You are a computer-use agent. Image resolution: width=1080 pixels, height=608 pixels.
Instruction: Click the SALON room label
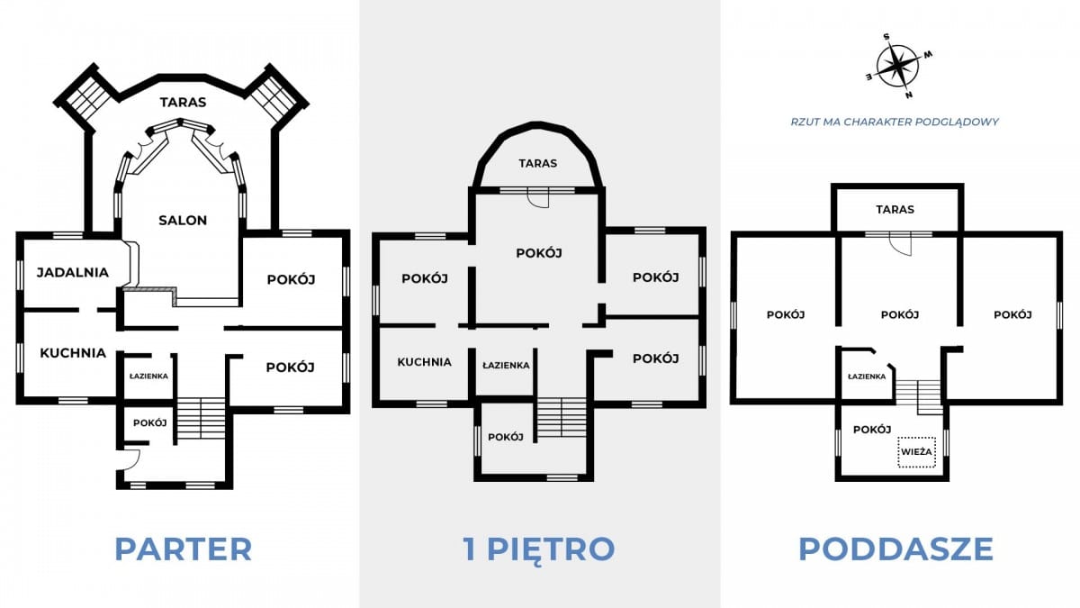coord(183,221)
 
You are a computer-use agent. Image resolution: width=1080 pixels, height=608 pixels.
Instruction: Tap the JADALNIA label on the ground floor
coord(73,273)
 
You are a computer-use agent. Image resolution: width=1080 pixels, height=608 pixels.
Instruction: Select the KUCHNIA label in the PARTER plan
coord(73,353)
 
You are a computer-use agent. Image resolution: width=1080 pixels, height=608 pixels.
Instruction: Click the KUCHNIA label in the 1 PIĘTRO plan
coord(424,362)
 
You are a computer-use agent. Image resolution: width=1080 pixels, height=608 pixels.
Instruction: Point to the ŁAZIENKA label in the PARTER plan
coord(148,377)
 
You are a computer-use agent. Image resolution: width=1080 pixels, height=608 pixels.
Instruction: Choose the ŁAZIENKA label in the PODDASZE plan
coord(867,377)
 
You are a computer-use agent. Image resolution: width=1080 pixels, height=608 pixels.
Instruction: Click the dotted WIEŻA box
coord(916,452)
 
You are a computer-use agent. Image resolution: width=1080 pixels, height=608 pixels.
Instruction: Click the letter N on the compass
coord(909,95)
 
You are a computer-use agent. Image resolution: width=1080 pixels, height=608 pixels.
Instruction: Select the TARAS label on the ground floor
coord(184,103)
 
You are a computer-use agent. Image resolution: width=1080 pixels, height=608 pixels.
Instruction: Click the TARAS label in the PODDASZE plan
coord(895,209)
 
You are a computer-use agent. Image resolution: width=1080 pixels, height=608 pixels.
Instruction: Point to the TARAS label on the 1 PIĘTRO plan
coord(538,164)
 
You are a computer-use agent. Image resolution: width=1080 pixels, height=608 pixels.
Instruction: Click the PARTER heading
coord(184,549)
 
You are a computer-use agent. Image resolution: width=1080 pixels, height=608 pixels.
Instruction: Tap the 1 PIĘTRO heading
coord(539,549)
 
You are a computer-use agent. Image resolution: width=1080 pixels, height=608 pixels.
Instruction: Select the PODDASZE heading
coord(895,549)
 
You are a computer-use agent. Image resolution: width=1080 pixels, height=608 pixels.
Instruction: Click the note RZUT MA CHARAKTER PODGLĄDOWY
coord(895,123)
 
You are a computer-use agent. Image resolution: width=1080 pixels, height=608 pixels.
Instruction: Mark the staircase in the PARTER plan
coord(201,418)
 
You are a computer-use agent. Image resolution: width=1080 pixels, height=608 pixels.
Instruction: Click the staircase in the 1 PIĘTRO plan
coord(562,417)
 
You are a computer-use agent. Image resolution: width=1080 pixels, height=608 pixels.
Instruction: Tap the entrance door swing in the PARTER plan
coord(130,458)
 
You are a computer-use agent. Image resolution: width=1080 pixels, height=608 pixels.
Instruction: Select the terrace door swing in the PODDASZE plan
coord(901,246)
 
